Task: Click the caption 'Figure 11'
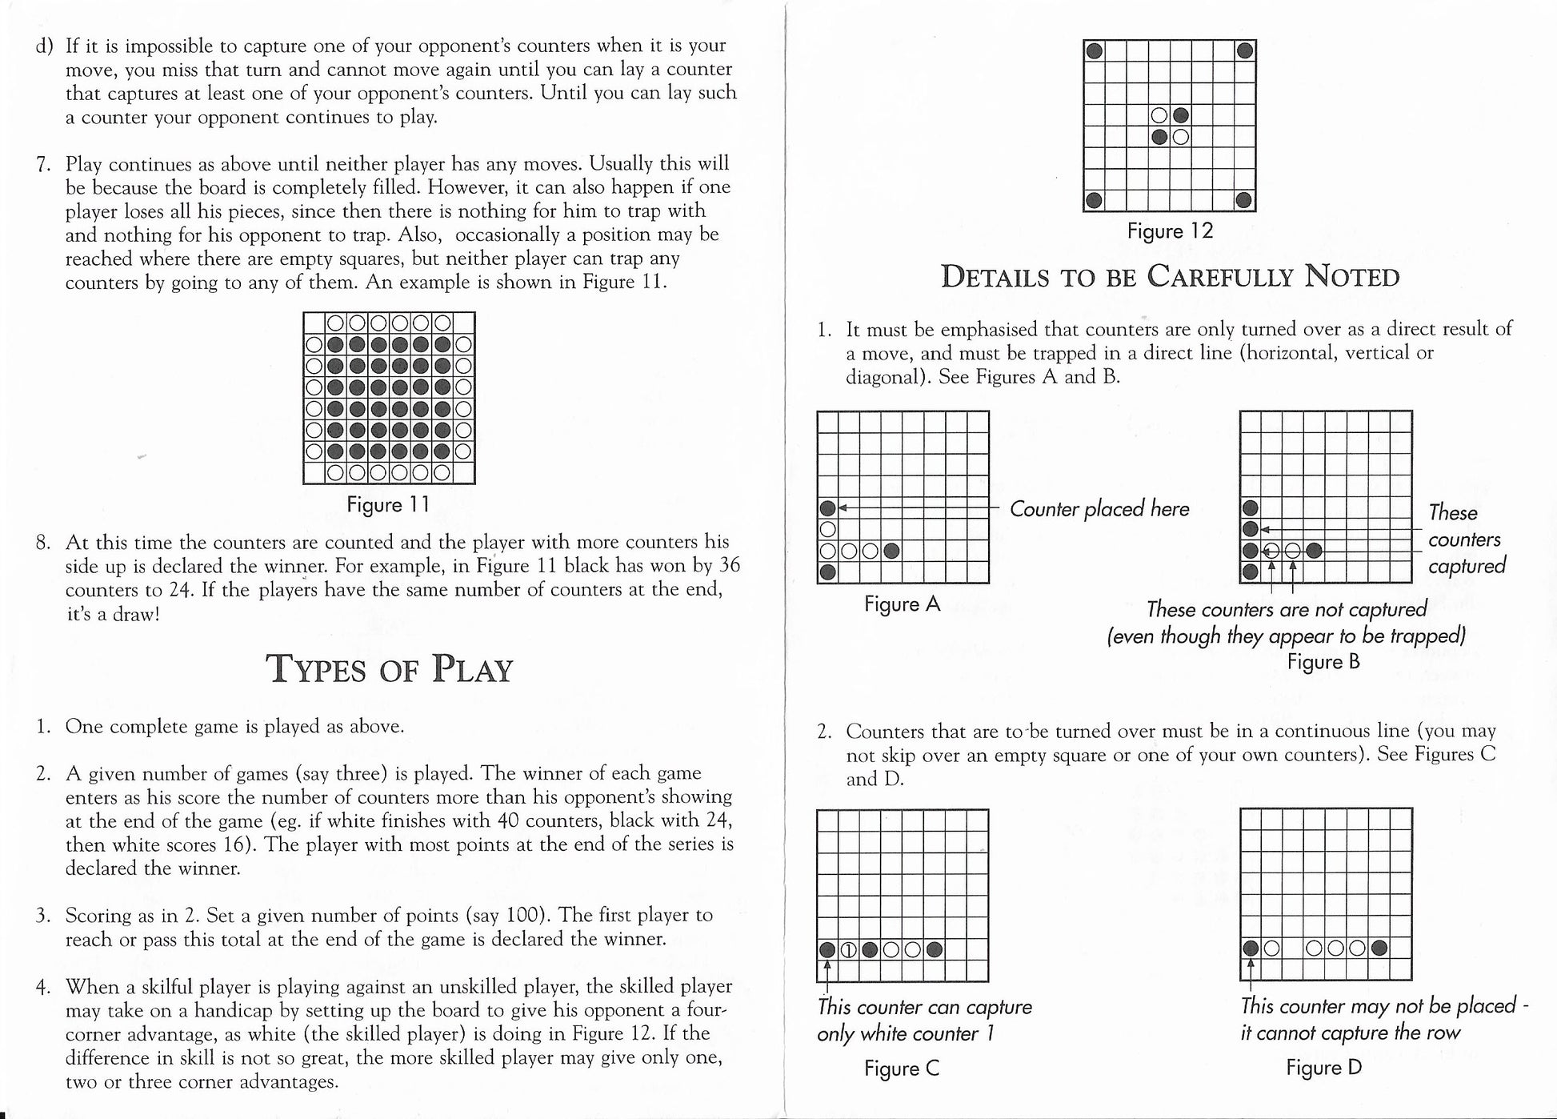click(x=388, y=505)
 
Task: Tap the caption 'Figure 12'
click(x=1170, y=231)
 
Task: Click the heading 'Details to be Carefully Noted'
click(x=1170, y=277)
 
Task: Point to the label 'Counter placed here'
click(x=1099, y=509)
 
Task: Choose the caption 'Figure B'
click(x=1323, y=662)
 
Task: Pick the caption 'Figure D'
click(x=1323, y=1068)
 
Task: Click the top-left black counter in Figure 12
click(x=1095, y=51)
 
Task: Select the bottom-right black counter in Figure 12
click(x=1244, y=200)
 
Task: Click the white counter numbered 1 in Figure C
click(x=849, y=951)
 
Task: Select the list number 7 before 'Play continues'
click(x=44, y=165)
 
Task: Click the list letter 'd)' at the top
click(x=44, y=46)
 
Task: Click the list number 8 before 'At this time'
click(x=44, y=543)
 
